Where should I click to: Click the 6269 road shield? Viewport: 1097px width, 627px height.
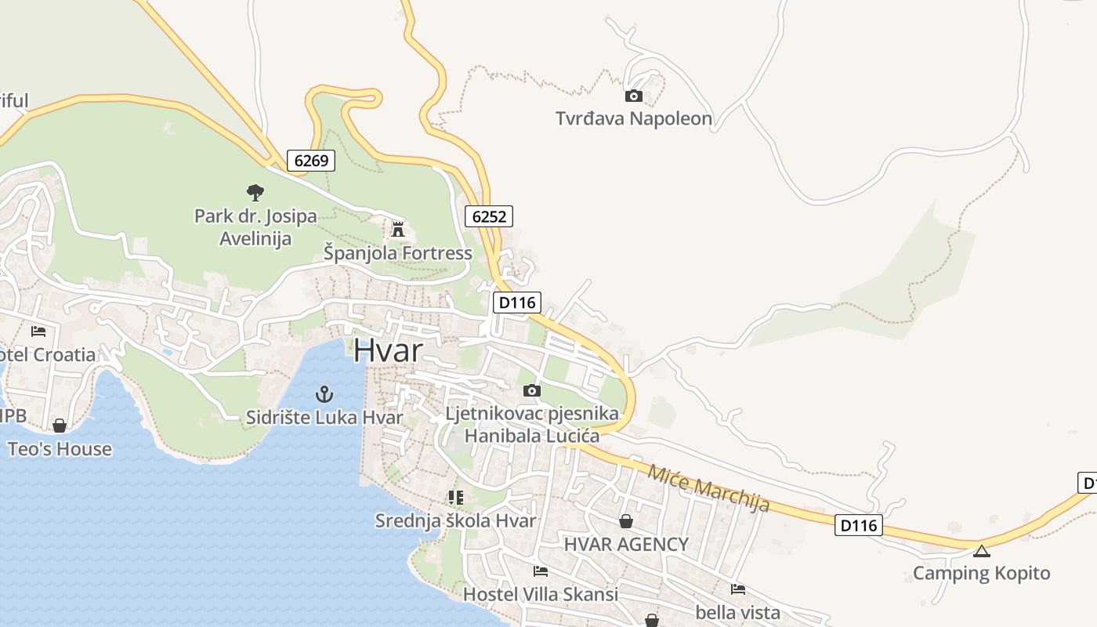pyautogui.click(x=311, y=161)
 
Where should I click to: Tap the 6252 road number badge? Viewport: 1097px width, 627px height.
pyautogui.click(x=489, y=216)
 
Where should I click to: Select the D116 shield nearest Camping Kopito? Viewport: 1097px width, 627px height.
pyautogui.click(x=858, y=525)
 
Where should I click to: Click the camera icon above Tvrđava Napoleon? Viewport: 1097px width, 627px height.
pyautogui.click(x=633, y=96)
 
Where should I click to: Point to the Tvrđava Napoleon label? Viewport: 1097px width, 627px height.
pyautogui.click(x=633, y=119)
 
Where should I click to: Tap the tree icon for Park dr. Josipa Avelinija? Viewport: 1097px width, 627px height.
pyautogui.click(x=255, y=192)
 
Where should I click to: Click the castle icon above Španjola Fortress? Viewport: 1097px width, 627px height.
pyautogui.click(x=398, y=230)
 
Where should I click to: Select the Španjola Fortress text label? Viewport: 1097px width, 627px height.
pyautogui.click(x=398, y=253)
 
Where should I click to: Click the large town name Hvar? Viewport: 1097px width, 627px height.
pyautogui.click(x=388, y=351)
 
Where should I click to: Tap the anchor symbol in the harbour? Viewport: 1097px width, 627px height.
pyautogui.click(x=323, y=394)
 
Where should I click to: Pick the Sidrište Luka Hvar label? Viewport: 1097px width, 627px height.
pyautogui.click(x=324, y=418)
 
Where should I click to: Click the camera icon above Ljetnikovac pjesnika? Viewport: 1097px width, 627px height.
pyautogui.click(x=531, y=390)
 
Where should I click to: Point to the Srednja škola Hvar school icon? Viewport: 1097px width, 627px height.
pyautogui.click(x=455, y=497)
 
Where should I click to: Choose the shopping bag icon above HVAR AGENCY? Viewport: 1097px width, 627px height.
pyautogui.click(x=626, y=521)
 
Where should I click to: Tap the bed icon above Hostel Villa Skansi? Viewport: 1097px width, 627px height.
pyautogui.click(x=540, y=571)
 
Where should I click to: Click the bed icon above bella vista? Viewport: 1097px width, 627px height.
pyautogui.click(x=737, y=589)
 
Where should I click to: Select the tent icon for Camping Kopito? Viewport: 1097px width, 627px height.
pyautogui.click(x=981, y=550)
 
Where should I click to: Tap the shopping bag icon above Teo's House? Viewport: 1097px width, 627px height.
pyautogui.click(x=60, y=426)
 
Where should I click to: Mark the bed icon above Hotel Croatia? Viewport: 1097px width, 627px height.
pyautogui.click(x=38, y=332)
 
